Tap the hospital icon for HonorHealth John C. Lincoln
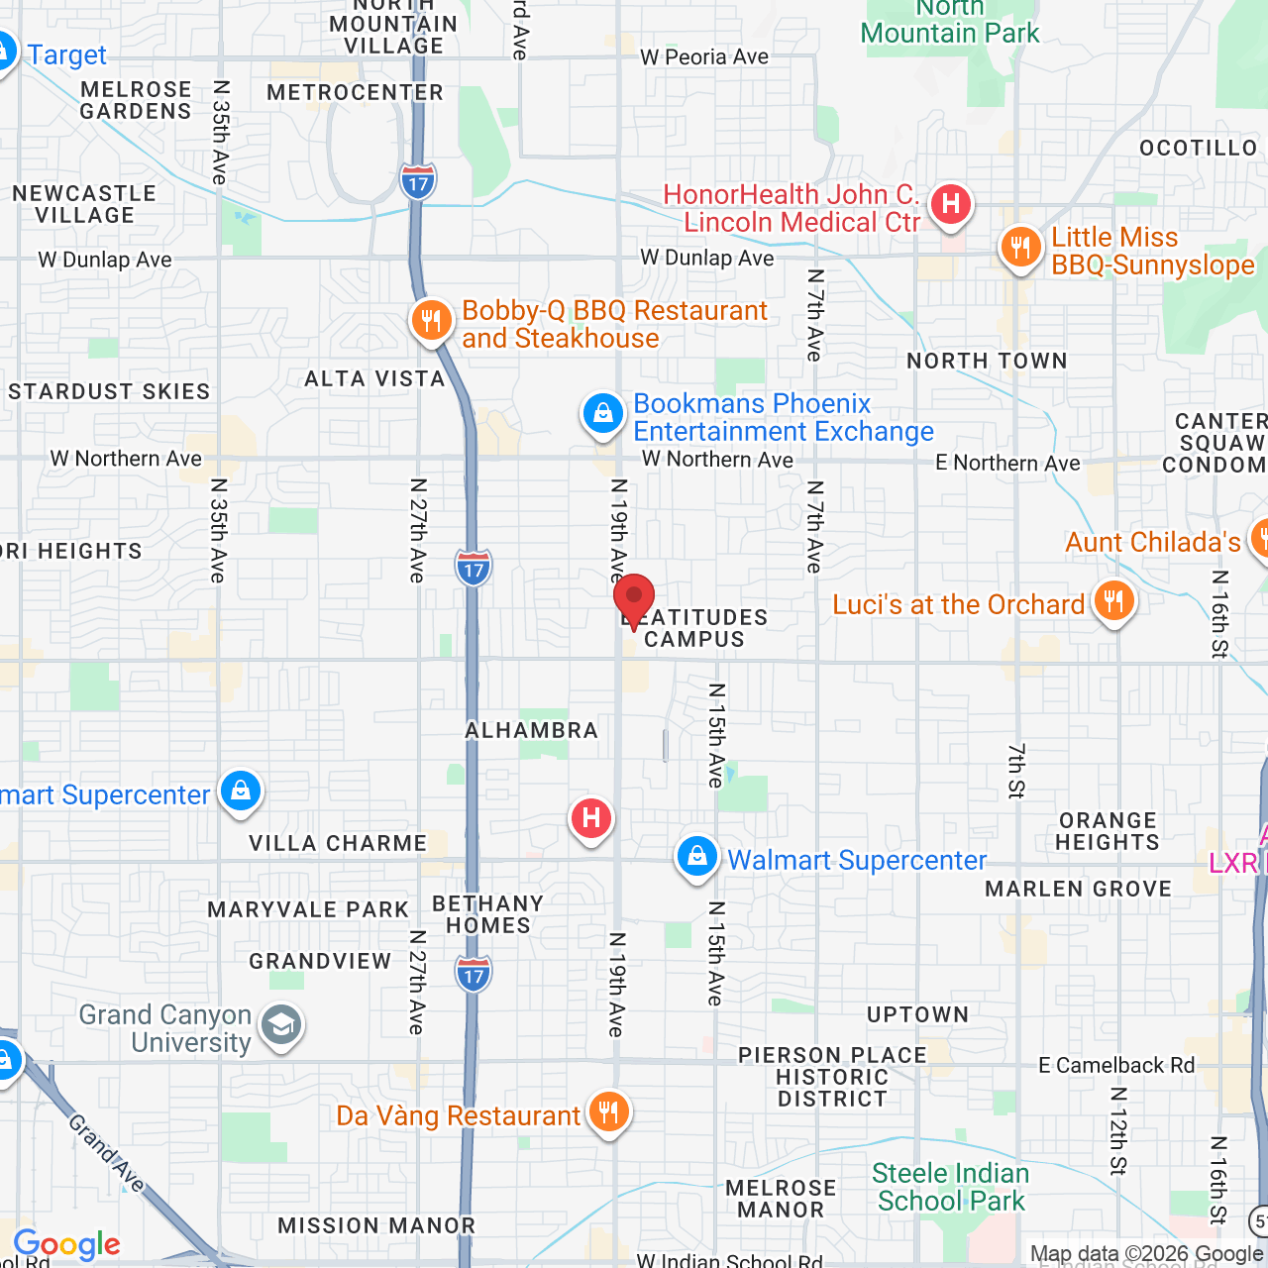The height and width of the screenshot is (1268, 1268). pyautogui.click(x=951, y=205)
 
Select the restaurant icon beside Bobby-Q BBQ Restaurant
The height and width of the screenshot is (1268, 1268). pyautogui.click(x=431, y=321)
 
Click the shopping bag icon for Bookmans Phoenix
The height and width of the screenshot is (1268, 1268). pyautogui.click(x=602, y=414)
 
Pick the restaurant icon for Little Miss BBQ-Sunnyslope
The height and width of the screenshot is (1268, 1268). pyautogui.click(x=1020, y=248)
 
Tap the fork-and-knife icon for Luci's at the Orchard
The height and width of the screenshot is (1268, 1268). pyautogui.click(x=1113, y=601)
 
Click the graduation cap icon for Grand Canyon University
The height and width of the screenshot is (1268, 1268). pyautogui.click(x=281, y=1026)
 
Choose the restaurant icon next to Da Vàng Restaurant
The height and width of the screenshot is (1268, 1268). pyautogui.click(x=608, y=1112)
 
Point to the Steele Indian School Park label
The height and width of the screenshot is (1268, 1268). pyautogui.click(x=951, y=1187)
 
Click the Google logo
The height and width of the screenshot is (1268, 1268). pyautogui.click(x=67, y=1244)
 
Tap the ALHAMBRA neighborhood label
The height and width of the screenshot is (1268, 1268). pyautogui.click(x=532, y=730)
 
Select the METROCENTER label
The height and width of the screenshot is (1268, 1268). pyautogui.click(x=356, y=92)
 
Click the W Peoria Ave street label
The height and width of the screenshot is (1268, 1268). pyautogui.click(x=704, y=57)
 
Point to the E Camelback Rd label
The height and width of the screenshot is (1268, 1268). pyautogui.click(x=1116, y=1065)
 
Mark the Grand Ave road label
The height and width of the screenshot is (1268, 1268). pyautogui.click(x=107, y=1152)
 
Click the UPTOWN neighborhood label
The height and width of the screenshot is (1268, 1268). pyautogui.click(x=917, y=1014)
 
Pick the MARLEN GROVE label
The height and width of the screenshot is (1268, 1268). pyautogui.click(x=1078, y=889)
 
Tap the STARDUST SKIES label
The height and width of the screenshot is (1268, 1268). pyautogui.click(x=109, y=391)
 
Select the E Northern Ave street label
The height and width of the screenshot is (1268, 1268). pyautogui.click(x=1007, y=463)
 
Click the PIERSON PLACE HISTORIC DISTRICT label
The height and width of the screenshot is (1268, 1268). pyautogui.click(x=832, y=1077)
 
